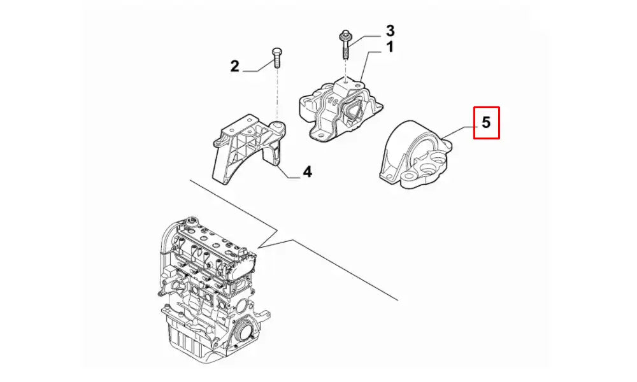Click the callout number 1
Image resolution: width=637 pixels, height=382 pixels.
[x=389, y=47]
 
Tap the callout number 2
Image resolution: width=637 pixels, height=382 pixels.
[x=234, y=66]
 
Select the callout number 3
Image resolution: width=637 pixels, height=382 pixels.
[x=390, y=30]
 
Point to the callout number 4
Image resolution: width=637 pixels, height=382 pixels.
[x=306, y=171]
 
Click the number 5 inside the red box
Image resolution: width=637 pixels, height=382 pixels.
[x=486, y=122]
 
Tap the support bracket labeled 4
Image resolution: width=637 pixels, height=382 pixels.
[x=248, y=148]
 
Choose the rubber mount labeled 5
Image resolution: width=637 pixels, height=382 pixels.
[x=417, y=156]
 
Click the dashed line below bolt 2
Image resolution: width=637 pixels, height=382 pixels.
[x=277, y=95]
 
